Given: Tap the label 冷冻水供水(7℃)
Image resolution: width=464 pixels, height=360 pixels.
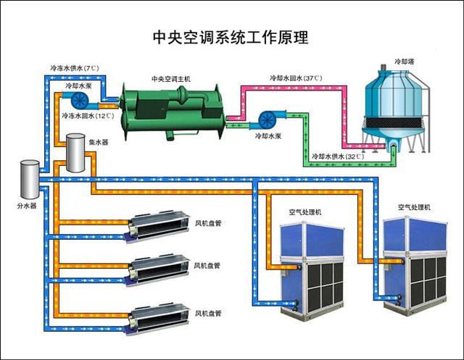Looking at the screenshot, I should [74, 68].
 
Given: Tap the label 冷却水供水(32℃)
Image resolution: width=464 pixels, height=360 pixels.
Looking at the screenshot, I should [337, 156].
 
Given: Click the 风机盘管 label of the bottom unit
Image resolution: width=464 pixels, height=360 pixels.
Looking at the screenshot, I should [208, 314].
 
